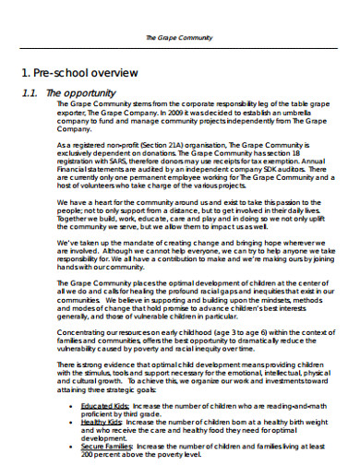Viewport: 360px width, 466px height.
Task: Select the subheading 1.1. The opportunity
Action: tap(69, 93)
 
